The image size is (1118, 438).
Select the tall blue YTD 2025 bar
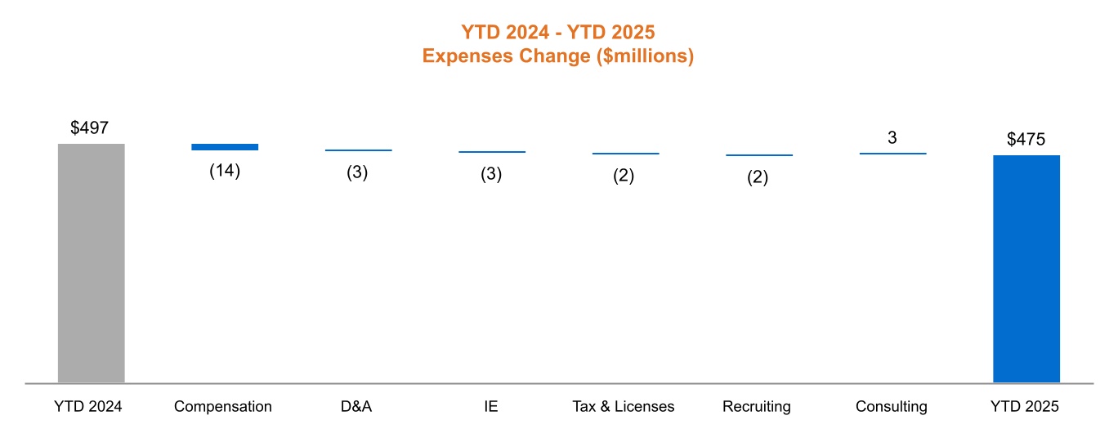[x=1026, y=269]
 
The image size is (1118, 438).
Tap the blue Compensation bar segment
[x=225, y=147]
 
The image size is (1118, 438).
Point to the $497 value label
[x=89, y=127]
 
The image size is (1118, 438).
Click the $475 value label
[x=1026, y=139]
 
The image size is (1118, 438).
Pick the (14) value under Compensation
[x=225, y=172]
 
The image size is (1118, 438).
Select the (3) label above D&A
[x=358, y=173]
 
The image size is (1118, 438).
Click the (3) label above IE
[x=491, y=174]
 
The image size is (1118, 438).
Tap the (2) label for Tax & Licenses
[x=624, y=176]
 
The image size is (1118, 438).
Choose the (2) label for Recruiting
[x=758, y=177]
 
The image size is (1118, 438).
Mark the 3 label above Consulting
[x=892, y=138]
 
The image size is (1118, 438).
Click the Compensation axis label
[x=223, y=406]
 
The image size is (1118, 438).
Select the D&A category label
[x=356, y=406]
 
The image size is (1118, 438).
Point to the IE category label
[x=490, y=406]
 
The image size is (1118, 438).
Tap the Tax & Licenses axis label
[x=624, y=406]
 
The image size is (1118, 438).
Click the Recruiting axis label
[x=757, y=406]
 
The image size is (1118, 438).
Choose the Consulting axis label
[x=892, y=406]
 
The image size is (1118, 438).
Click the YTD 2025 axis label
[x=1025, y=406]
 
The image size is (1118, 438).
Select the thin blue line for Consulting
[x=892, y=154]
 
